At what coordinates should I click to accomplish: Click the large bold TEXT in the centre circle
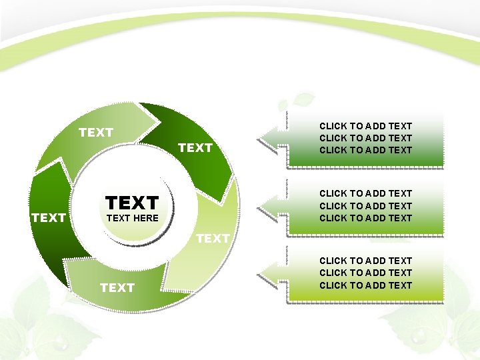[132, 202]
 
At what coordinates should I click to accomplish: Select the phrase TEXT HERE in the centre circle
[132, 218]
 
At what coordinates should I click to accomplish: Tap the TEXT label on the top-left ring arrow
[96, 133]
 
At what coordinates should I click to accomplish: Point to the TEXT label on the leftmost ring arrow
[49, 218]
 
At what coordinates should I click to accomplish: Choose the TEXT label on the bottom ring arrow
[117, 287]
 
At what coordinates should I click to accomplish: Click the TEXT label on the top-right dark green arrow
[195, 148]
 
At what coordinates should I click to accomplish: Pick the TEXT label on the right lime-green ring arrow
[213, 238]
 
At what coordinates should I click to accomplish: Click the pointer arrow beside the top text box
[272, 138]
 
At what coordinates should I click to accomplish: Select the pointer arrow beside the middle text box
[272, 205]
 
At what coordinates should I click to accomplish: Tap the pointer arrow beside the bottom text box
[272, 272]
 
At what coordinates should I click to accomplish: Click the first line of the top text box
[365, 126]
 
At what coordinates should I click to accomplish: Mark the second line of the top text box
[365, 138]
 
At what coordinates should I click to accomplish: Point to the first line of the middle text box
[365, 193]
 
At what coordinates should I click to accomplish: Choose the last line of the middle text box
[365, 218]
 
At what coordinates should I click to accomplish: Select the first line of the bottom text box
[365, 261]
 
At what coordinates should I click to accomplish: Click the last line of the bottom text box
[365, 285]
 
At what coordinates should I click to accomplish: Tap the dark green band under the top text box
[365, 160]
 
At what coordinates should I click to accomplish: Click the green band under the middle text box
[365, 229]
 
